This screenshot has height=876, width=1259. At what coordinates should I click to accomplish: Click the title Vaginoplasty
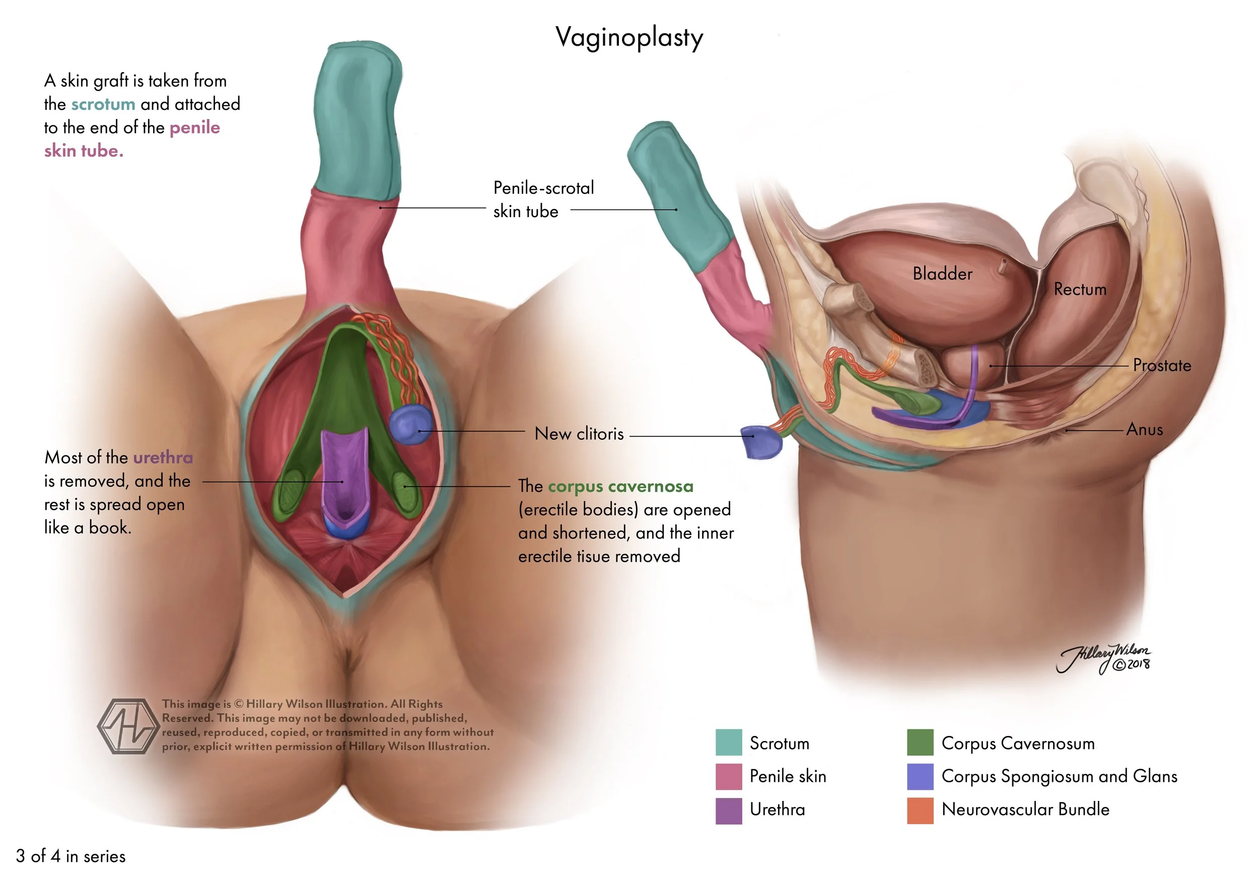click(629, 37)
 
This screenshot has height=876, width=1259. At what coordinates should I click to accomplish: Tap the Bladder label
click(942, 273)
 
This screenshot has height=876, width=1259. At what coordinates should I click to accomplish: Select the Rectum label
click(1080, 289)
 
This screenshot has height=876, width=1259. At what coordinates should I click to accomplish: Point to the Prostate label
click(1162, 365)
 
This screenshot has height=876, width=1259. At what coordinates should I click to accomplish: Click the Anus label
click(1144, 429)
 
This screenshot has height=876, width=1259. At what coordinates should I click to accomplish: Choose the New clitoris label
click(579, 434)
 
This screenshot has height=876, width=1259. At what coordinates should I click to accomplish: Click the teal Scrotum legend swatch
click(729, 742)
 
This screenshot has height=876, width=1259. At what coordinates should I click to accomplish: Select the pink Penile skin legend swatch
click(729, 776)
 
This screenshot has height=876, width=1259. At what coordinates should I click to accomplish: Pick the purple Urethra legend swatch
click(729, 810)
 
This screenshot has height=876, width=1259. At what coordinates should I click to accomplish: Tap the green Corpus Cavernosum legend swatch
click(920, 742)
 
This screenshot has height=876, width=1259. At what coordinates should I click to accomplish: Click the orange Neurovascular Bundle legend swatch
click(920, 810)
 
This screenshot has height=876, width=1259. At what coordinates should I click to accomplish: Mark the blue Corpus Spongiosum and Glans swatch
click(920, 776)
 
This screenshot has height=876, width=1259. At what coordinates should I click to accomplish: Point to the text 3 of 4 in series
click(71, 856)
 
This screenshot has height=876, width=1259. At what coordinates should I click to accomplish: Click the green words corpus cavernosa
click(621, 487)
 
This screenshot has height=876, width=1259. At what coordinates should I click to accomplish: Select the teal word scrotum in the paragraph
click(103, 104)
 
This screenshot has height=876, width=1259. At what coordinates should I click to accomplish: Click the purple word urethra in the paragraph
click(163, 457)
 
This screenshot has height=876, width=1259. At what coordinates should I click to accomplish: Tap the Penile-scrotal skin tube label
click(543, 199)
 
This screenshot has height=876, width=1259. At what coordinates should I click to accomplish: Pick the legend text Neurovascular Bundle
click(1025, 810)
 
